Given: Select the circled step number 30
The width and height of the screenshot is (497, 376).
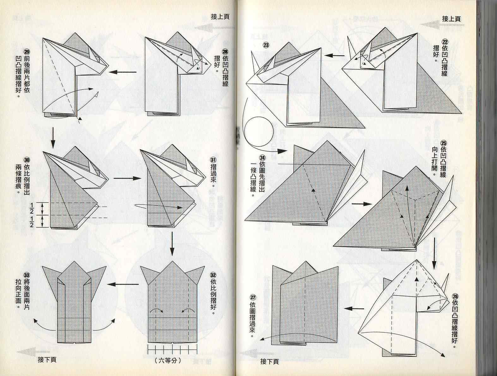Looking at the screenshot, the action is click(x=27, y=160).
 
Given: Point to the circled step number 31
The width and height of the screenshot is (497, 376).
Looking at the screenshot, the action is click(x=213, y=160).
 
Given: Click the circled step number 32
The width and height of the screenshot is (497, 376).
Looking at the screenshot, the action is click(x=213, y=275).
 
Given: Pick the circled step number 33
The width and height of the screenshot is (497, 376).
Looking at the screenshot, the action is click(x=27, y=275).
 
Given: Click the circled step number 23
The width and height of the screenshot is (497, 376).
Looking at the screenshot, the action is click(x=266, y=45).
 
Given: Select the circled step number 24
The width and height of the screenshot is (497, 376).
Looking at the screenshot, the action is click(x=263, y=158).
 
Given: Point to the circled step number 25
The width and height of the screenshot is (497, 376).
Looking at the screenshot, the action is click(x=444, y=143).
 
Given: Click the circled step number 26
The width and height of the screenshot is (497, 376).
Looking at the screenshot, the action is click(x=455, y=296).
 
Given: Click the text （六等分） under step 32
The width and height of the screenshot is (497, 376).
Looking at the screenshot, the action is click(x=168, y=361).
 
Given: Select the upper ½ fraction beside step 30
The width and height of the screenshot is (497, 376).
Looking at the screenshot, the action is click(x=32, y=208).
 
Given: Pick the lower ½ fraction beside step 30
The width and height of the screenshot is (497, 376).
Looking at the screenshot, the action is click(x=32, y=221).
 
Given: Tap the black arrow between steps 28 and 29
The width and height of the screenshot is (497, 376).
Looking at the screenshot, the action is click(x=123, y=72).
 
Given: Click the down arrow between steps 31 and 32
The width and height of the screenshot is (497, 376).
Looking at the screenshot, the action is click(x=172, y=244).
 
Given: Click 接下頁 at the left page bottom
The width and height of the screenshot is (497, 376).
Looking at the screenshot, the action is click(x=47, y=360).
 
